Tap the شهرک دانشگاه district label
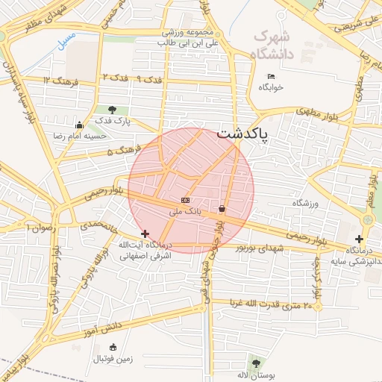pos(274,45)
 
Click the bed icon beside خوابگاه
pos(271,76)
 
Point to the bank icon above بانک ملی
pos(185,201)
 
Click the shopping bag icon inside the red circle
pos(222,209)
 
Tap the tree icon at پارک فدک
pos(112,110)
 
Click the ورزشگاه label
pos(305,203)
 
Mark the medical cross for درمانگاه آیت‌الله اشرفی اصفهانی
pos(145,234)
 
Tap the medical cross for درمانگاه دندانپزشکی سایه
pos(359,239)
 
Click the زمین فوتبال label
pos(113,359)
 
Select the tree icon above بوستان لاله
pos(257,363)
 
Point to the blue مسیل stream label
pos(66,36)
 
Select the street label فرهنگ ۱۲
pos(57,80)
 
